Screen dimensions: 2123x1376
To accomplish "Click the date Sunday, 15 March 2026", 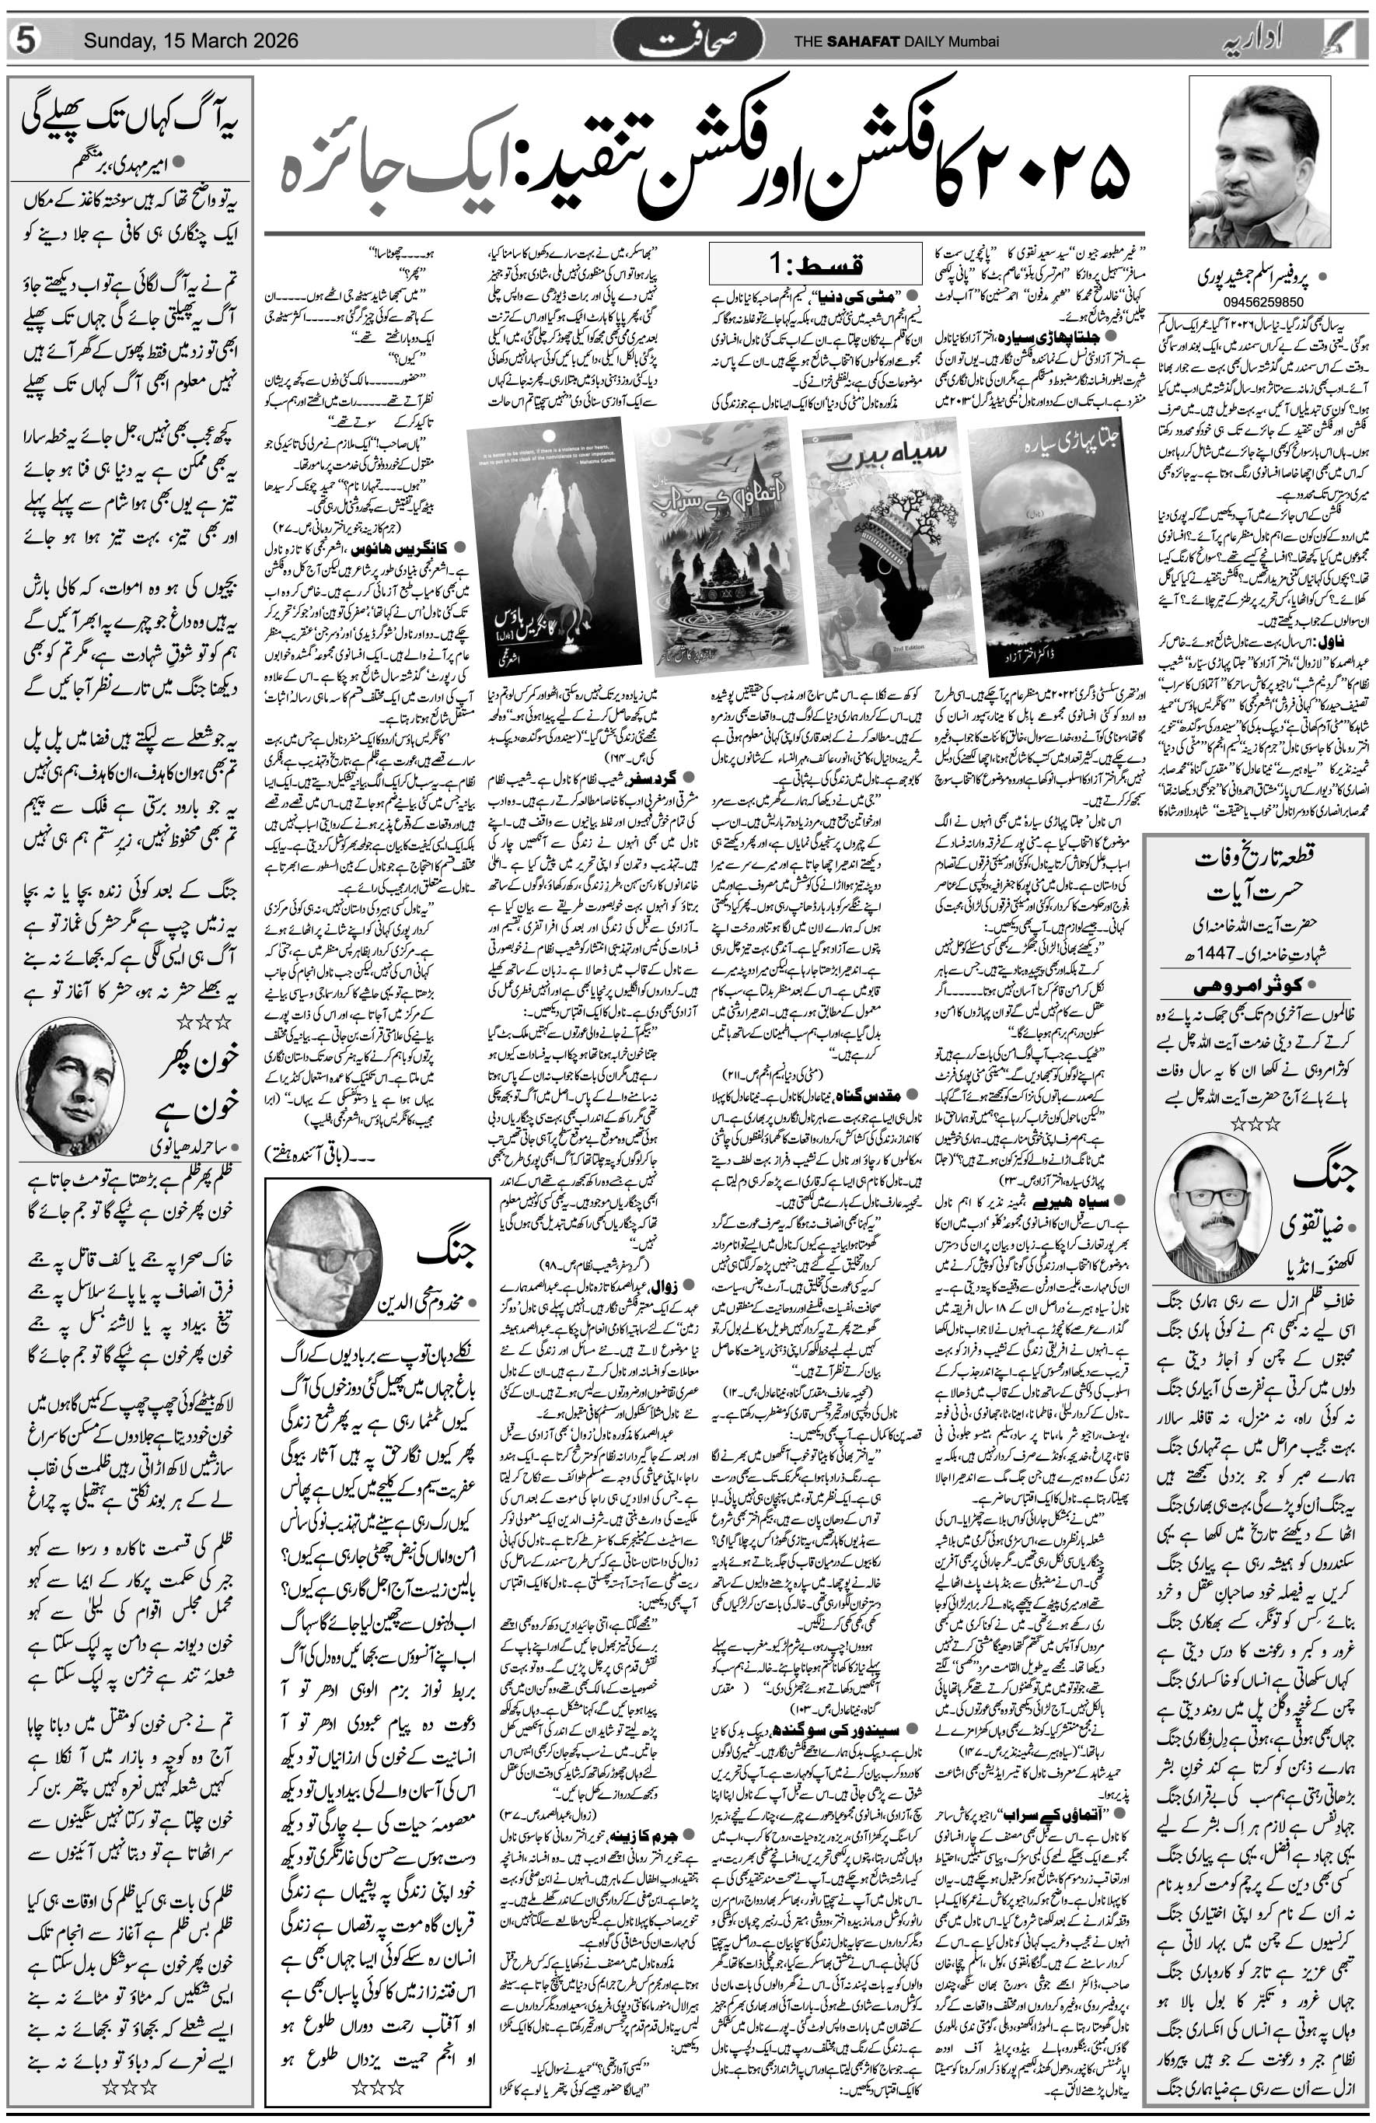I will (x=190, y=41).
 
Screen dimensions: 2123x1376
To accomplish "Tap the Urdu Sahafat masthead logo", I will (x=687, y=41).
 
